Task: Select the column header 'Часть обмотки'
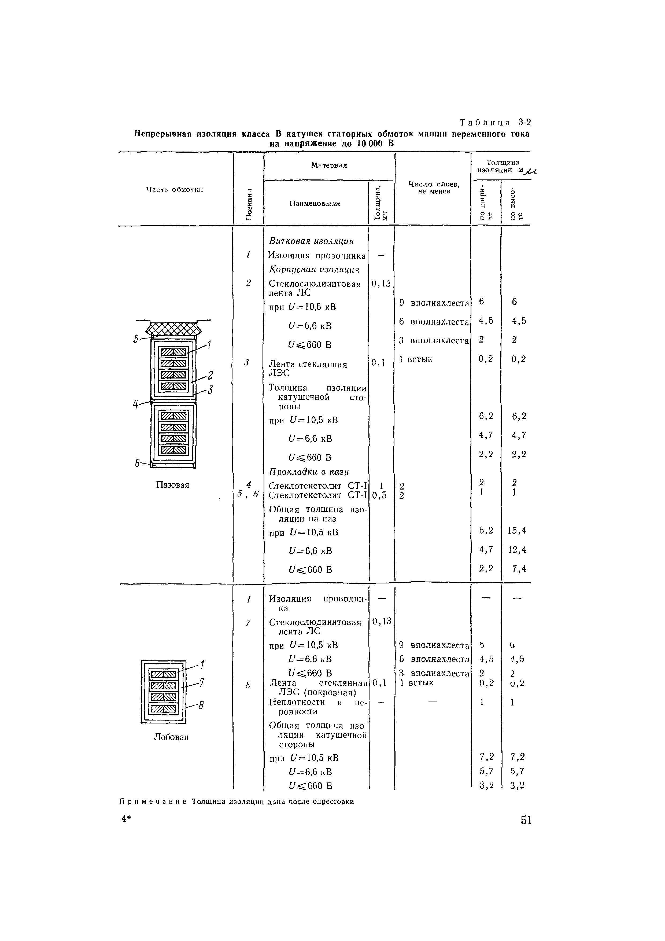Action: coord(175,189)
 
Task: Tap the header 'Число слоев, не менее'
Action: coord(434,188)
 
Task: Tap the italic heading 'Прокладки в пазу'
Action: coord(309,472)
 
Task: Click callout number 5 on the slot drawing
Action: coord(136,339)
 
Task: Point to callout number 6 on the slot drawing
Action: coord(137,463)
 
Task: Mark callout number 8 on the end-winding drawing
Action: coord(201,705)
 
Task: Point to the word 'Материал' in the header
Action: coord(328,166)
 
